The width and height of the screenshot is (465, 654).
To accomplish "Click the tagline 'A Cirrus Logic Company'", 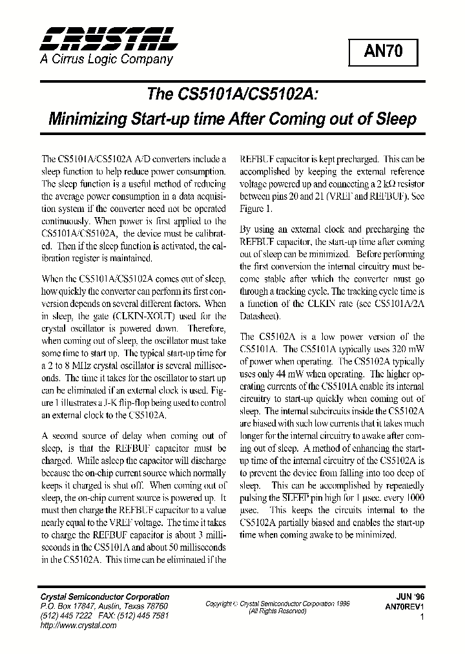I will (x=107, y=59).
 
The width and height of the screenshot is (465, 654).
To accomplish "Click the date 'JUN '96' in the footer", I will (x=409, y=597).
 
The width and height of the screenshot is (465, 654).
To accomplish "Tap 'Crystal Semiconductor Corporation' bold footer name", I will (x=105, y=596).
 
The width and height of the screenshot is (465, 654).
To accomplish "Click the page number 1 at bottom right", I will (x=421, y=618).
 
